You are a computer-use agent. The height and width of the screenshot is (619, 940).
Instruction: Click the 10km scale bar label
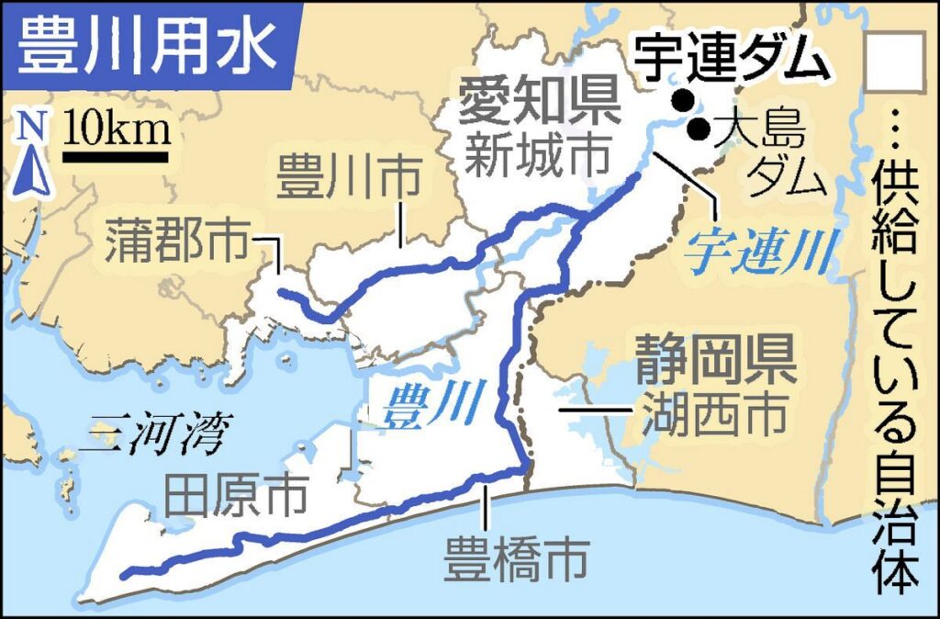[x=117, y=129]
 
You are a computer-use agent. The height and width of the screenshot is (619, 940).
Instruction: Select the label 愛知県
[x=539, y=102]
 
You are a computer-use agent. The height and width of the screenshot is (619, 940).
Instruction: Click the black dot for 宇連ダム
[x=682, y=99]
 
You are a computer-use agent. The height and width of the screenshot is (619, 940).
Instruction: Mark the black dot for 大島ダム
[x=699, y=129]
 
